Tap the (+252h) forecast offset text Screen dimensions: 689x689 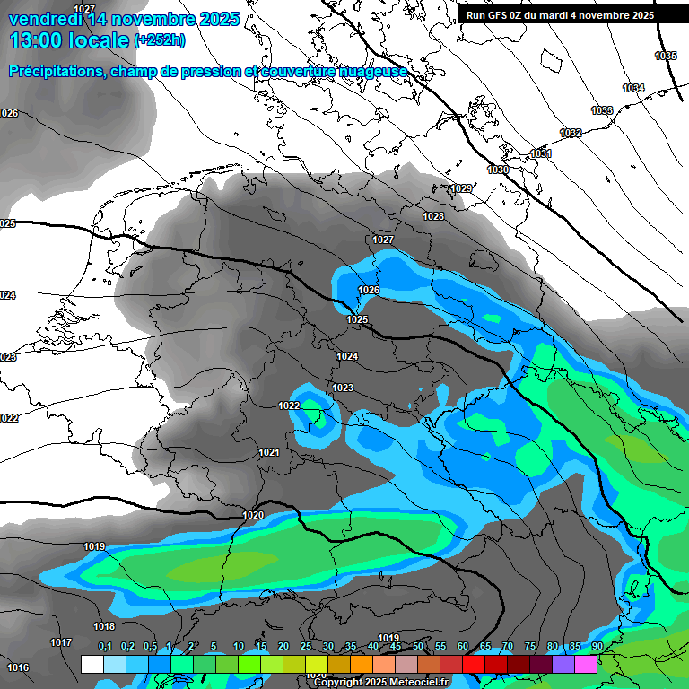[x=160, y=39]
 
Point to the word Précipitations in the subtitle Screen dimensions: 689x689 [x=57, y=71]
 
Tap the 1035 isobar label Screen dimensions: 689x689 [x=666, y=56]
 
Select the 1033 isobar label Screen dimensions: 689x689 [x=602, y=110]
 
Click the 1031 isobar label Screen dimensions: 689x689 [x=541, y=153]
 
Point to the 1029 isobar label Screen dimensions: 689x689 [x=462, y=188]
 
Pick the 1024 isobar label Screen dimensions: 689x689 [x=347, y=356]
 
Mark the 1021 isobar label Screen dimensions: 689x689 [x=269, y=452]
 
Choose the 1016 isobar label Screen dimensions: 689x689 [x=18, y=667]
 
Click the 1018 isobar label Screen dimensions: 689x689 [x=104, y=626]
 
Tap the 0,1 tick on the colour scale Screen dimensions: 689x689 [x=105, y=647]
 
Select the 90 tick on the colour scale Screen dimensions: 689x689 [x=597, y=647]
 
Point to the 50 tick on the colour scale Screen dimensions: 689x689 [x=418, y=647]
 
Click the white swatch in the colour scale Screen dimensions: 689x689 [x=92, y=664]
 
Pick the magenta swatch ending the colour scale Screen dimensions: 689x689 [x=586, y=664]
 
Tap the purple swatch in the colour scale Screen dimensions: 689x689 [x=563, y=664]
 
